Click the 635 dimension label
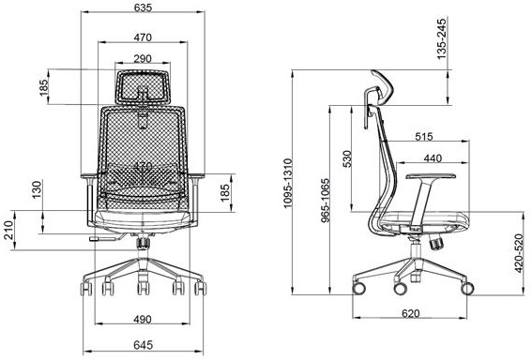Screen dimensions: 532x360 143,7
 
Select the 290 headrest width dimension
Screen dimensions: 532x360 143,59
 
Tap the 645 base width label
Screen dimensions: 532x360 143,345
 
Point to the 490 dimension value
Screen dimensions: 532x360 143,319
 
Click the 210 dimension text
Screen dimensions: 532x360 8,231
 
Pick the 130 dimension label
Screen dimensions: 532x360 37,189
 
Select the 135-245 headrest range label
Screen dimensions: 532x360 441,38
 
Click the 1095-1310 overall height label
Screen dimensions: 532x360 287,183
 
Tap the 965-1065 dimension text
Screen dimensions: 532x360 326,201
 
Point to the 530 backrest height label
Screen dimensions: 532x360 347,159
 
